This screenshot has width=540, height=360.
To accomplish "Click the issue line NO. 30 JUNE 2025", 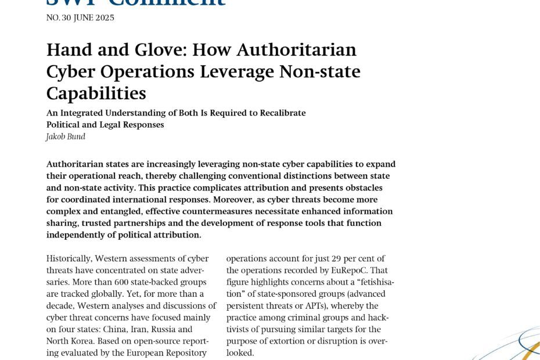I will click(x=80, y=17).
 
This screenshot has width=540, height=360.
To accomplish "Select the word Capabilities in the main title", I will click(x=96, y=93).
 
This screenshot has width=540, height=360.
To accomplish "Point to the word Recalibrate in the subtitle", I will click(x=281, y=113).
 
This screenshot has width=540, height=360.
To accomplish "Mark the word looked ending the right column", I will click(x=239, y=352).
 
